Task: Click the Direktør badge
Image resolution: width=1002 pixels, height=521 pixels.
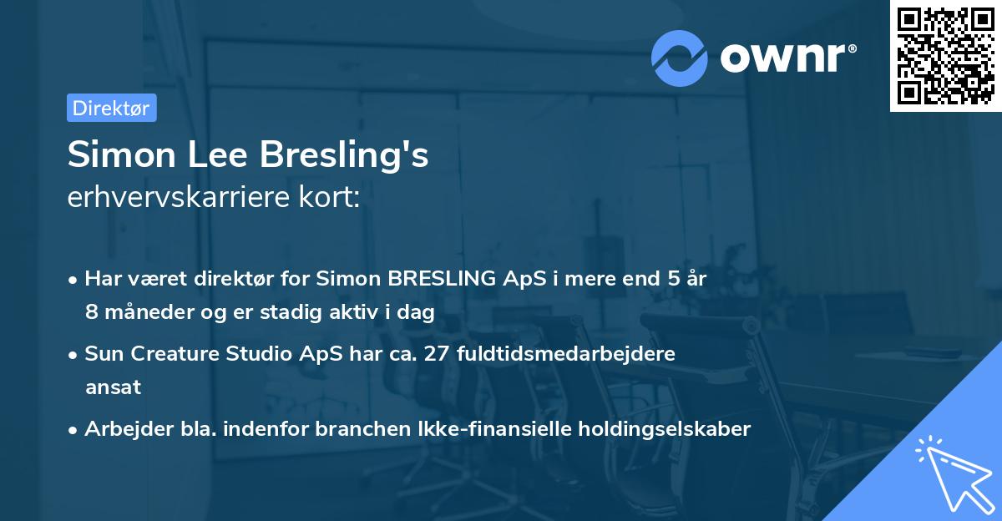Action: coord(111,108)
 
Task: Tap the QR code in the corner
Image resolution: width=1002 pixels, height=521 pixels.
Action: coord(945,55)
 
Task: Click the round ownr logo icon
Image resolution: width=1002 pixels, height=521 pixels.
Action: coord(680,58)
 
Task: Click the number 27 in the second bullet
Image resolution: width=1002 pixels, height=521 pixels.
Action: coord(457,354)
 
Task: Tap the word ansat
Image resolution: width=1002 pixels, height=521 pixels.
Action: coord(113,387)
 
